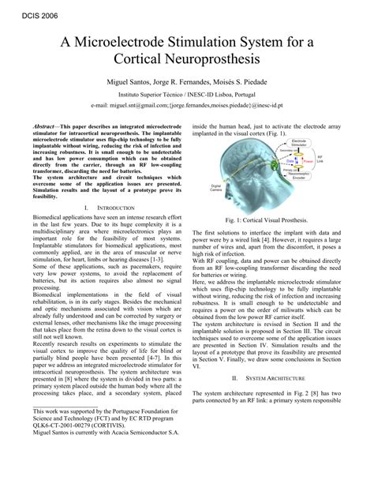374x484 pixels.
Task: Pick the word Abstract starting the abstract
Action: click(44, 126)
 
